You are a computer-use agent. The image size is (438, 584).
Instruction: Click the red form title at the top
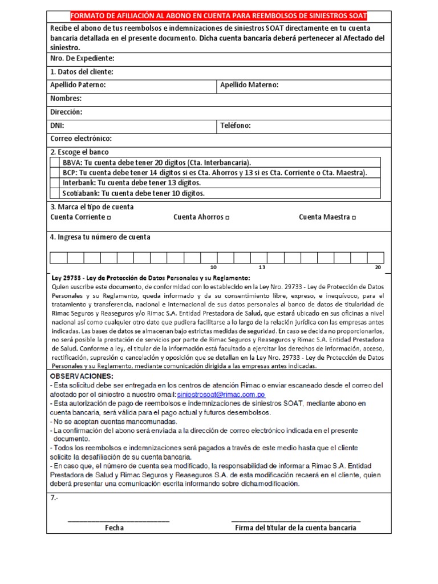click(x=219, y=16)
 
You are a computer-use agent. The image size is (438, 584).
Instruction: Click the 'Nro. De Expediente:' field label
click(x=83, y=58)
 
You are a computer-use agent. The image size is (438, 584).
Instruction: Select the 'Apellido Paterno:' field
click(x=131, y=85)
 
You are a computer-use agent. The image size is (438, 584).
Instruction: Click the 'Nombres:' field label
click(x=66, y=99)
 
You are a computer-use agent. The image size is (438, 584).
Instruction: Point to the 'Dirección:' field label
click(x=66, y=112)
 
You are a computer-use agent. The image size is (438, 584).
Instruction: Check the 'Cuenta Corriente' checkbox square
click(x=109, y=218)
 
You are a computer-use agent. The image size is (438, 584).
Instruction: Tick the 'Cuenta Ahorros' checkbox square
click(x=228, y=218)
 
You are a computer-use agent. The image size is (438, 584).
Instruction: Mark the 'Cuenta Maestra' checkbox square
click(x=354, y=218)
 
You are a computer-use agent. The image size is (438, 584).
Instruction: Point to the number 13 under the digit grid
click(x=262, y=267)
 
